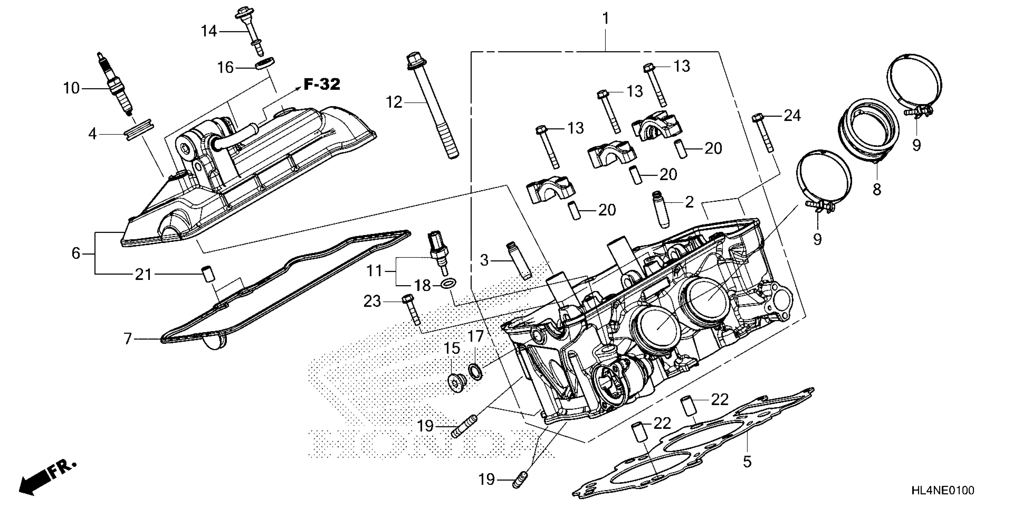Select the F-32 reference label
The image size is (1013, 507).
(322, 84)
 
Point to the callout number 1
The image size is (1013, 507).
(606, 18)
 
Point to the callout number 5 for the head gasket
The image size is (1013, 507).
(747, 461)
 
